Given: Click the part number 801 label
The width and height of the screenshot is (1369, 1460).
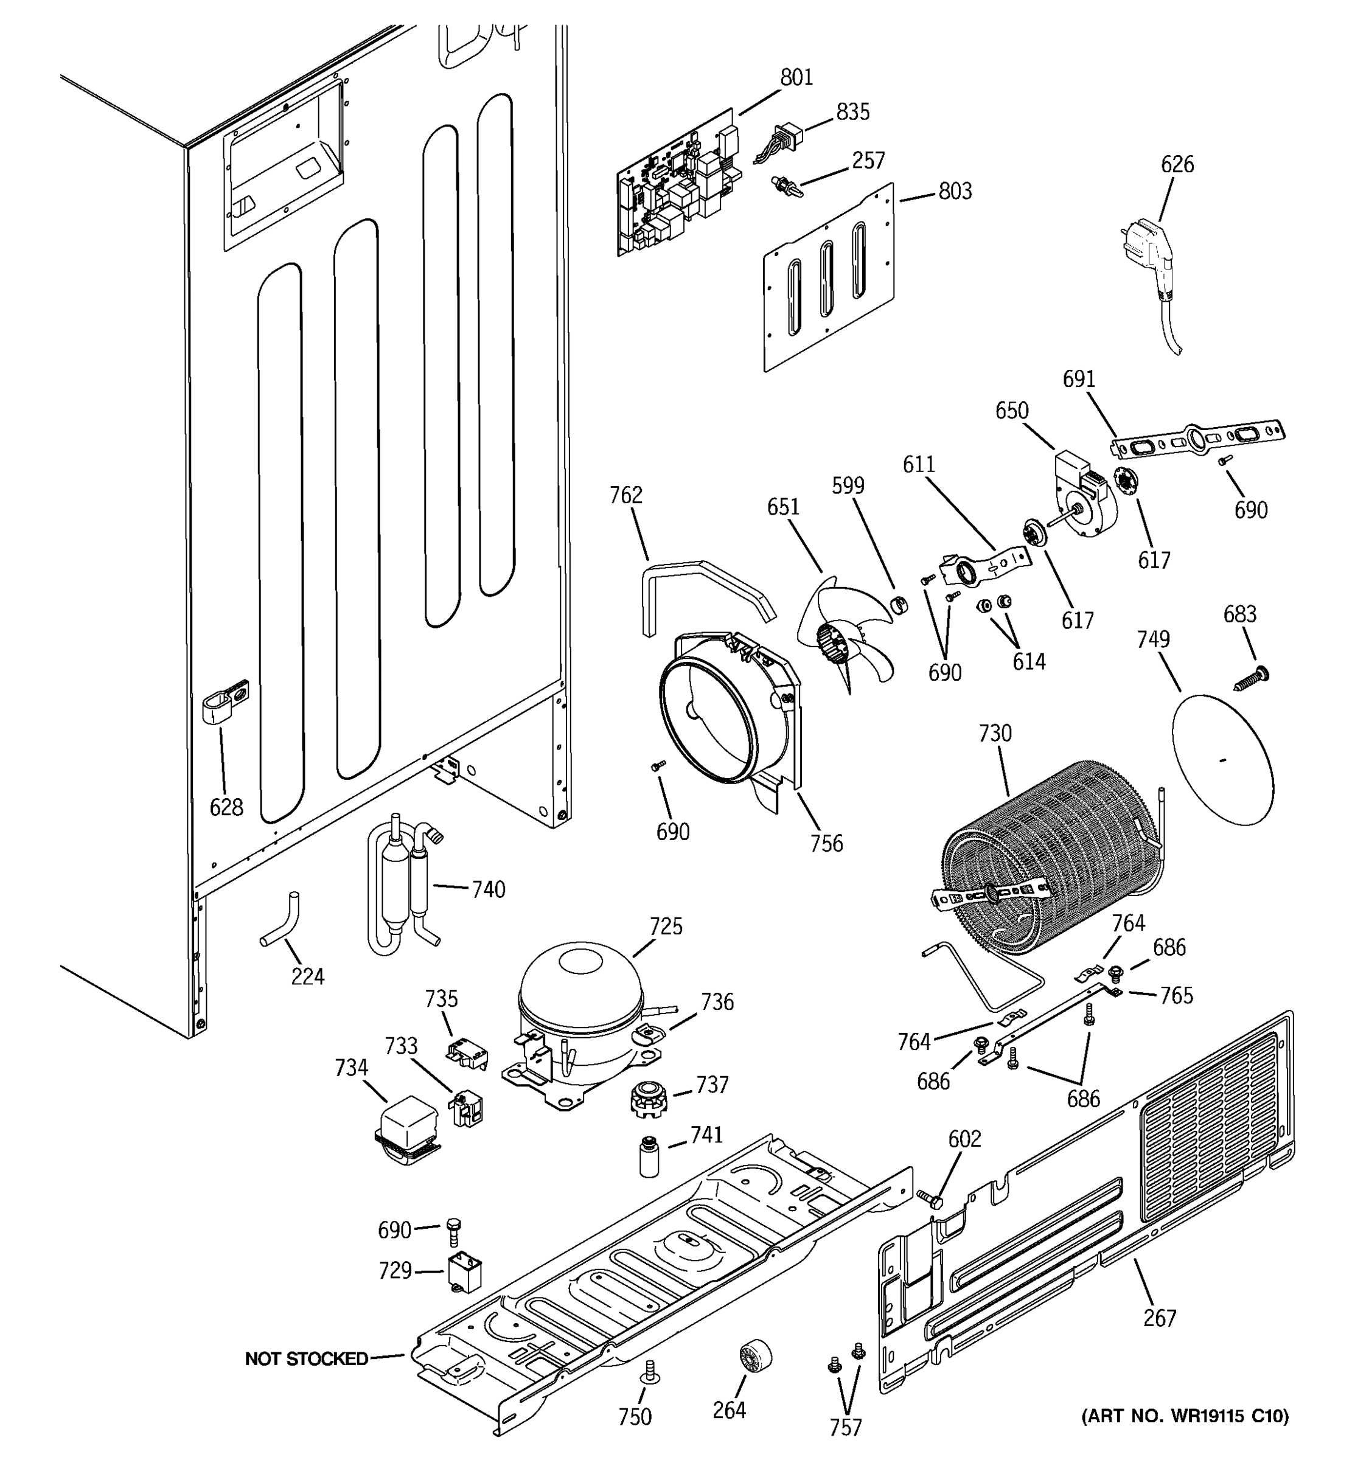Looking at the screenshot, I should (x=796, y=77).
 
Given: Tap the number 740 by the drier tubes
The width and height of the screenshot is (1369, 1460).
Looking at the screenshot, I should (x=489, y=889).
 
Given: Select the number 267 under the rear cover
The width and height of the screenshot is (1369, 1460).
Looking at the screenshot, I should (x=1160, y=1318).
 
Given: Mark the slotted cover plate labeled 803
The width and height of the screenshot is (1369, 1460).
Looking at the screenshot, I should (x=830, y=279).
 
